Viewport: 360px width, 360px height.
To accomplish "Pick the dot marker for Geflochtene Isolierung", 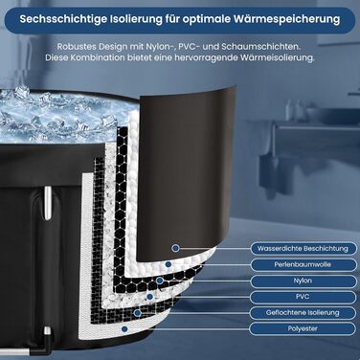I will click(140, 312).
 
